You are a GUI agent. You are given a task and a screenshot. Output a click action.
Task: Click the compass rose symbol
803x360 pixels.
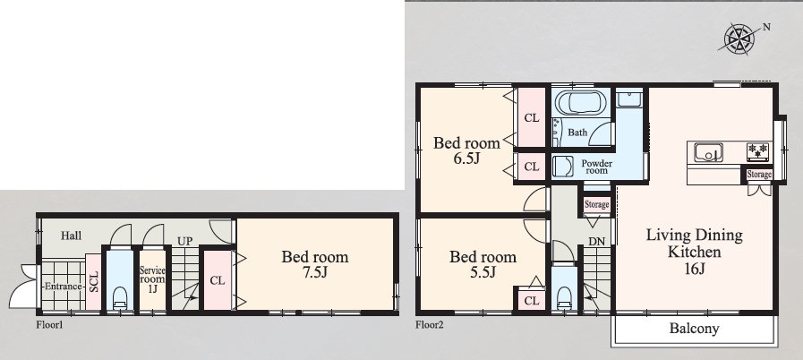[x=739, y=39]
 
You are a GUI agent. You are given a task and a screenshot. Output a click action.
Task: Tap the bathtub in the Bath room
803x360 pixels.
[x=581, y=103]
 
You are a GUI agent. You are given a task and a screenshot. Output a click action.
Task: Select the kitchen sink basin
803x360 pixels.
[x=708, y=152]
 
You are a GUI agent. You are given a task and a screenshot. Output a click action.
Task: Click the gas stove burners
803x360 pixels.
[x=758, y=150]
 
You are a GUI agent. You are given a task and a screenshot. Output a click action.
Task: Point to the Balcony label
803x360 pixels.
[x=694, y=329]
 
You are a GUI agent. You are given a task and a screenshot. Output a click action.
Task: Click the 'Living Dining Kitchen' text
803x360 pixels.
[x=695, y=252]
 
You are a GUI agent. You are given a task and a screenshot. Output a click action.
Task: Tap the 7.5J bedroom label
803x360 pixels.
[x=315, y=264]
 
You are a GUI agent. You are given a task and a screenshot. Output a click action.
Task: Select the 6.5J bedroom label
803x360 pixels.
[x=466, y=150]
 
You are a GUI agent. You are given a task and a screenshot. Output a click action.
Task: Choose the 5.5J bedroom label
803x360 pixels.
[x=483, y=264]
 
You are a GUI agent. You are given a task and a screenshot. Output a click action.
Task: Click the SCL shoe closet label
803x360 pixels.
[x=94, y=282]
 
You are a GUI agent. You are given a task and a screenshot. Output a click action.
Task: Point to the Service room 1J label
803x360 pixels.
[x=152, y=279]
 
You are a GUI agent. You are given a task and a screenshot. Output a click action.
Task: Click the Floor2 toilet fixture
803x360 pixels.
[x=564, y=297]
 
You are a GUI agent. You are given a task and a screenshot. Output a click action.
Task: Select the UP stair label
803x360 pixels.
[x=185, y=241]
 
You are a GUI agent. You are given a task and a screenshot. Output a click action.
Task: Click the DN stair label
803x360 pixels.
[x=596, y=241]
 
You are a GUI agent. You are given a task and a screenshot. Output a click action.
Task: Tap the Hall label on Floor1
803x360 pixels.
[x=72, y=236]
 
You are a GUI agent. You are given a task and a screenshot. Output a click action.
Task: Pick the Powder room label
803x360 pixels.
[x=596, y=167]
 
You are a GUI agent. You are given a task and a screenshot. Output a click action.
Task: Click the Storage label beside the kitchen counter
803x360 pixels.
[x=759, y=175]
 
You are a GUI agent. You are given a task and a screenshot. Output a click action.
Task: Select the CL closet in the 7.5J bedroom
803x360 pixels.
[x=218, y=280]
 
